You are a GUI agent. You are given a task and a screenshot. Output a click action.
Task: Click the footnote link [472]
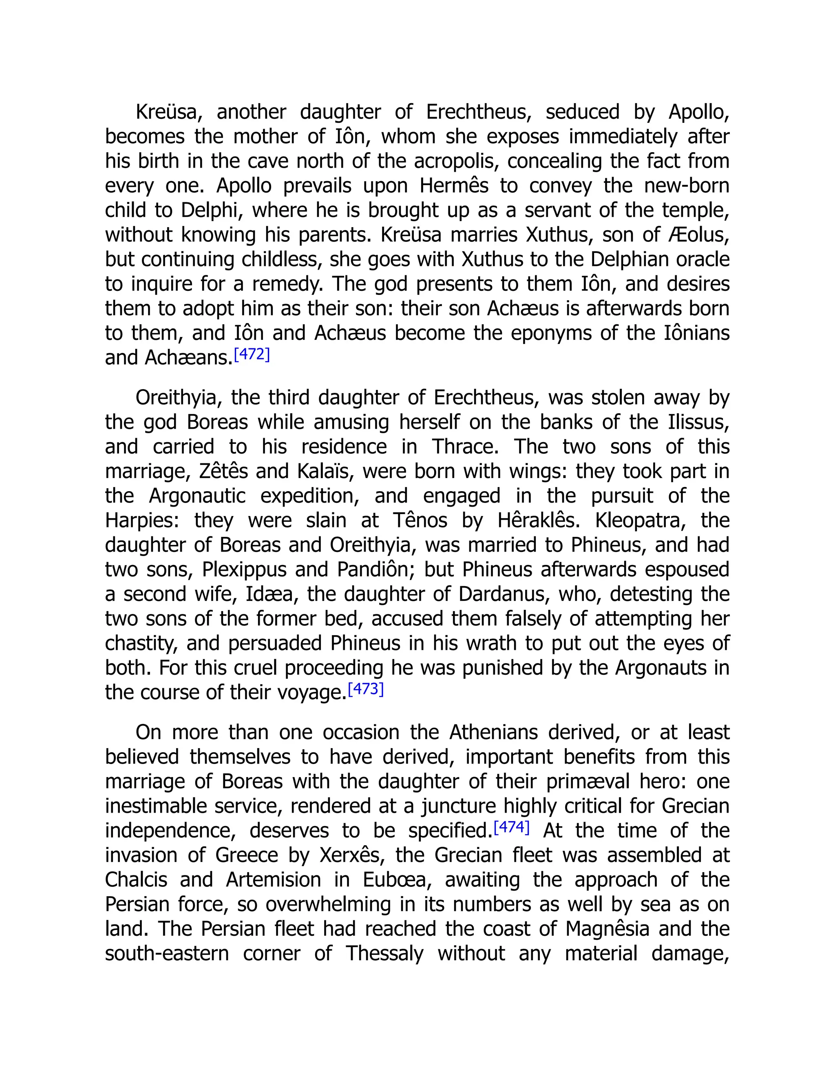click(x=252, y=354)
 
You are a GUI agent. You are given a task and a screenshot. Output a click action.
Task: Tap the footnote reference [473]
click(x=366, y=689)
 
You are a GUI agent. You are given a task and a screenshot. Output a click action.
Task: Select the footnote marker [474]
click(x=512, y=827)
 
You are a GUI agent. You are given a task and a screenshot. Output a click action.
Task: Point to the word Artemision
click(x=273, y=880)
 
